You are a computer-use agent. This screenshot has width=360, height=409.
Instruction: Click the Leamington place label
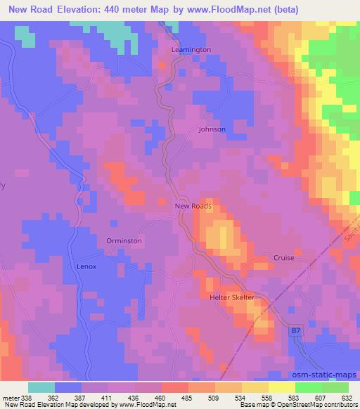tap(191, 50)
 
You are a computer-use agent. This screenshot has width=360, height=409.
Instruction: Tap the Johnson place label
tap(212, 129)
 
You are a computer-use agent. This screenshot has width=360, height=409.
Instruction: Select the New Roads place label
tap(193, 207)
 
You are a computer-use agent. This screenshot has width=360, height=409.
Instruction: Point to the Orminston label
tap(124, 240)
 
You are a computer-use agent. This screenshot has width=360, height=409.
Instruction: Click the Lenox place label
tap(86, 267)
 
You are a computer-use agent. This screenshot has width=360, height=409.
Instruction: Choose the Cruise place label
tap(284, 258)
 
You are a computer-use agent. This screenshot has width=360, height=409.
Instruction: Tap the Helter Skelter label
tap(231, 298)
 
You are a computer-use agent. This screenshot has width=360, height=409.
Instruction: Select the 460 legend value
tap(148, 398)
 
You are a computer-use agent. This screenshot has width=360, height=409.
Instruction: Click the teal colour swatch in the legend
tap(41, 387)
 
